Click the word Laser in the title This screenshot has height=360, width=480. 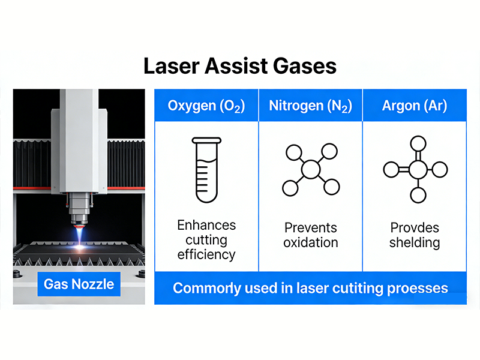[172, 66]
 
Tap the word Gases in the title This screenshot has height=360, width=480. [305, 66]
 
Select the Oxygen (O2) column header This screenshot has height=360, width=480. [206, 106]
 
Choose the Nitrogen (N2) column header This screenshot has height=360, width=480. [310, 106]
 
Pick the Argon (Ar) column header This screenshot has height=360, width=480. [415, 106]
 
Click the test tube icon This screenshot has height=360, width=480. [206, 170]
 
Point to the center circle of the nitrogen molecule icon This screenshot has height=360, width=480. [311, 169]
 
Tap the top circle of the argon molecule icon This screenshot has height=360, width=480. [418, 144]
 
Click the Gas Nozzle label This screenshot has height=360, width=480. [79, 284]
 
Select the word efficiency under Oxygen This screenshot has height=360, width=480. [206, 255]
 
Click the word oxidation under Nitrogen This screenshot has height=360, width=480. [311, 243]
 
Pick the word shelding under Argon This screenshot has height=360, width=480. [415, 243]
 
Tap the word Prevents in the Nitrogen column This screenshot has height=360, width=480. [311, 228]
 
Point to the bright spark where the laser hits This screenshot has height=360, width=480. [80, 247]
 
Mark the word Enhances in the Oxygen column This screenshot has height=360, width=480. [206, 226]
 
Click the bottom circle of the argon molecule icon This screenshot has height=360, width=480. [418, 195]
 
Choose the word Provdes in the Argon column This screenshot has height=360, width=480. [415, 228]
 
